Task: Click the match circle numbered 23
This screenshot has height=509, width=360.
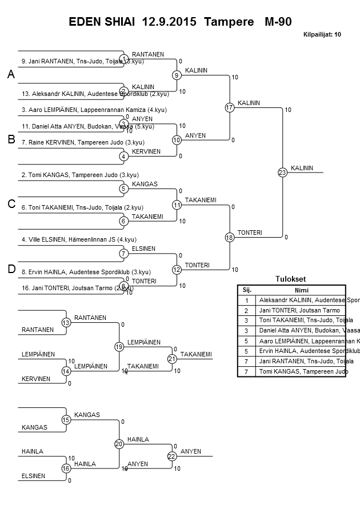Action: (x=282, y=172)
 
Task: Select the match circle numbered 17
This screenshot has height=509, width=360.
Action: (x=230, y=107)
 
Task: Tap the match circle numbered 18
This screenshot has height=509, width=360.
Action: (x=230, y=237)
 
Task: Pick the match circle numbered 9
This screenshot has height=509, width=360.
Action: (x=177, y=75)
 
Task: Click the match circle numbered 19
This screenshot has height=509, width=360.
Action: (x=119, y=346)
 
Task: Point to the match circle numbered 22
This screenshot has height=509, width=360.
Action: (x=171, y=456)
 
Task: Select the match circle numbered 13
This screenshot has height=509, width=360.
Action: (x=66, y=323)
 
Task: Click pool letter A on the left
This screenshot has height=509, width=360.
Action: (x=11, y=75)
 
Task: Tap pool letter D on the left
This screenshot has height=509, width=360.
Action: (x=11, y=269)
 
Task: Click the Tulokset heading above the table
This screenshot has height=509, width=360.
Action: (x=291, y=279)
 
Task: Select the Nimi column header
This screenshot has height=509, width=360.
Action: (x=301, y=290)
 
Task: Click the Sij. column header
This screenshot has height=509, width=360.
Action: (x=247, y=290)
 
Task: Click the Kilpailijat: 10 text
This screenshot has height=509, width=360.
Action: (x=322, y=35)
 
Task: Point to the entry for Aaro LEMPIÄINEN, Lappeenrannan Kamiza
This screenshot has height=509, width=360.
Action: (x=86, y=110)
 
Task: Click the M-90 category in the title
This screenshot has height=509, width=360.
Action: (x=278, y=22)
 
